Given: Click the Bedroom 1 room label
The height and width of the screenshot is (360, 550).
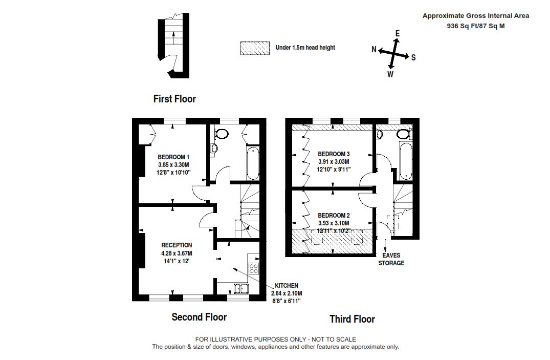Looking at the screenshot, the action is pyautogui.click(x=173, y=157).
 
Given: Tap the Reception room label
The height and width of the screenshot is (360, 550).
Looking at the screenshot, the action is pyautogui.click(x=177, y=245).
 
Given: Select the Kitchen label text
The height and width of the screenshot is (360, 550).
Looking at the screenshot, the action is pyautogui.click(x=287, y=286).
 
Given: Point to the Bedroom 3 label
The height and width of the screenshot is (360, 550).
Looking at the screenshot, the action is pyautogui.click(x=334, y=154).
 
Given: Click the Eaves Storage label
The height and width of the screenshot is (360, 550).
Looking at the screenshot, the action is pyautogui.click(x=391, y=259).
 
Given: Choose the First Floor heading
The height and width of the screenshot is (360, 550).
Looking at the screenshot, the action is pyautogui.click(x=174, y=99).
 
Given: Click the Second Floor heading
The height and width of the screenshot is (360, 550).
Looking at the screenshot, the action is pyautogui.click(x=199, y=317).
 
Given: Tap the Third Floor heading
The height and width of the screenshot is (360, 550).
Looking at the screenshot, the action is pyautogui.click(x=352, y=319).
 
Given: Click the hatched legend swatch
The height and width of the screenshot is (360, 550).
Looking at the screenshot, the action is pyautogui.click(x=255, y=48).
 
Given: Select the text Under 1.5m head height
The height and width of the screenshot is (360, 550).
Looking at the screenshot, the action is pyautogui.click(x=305, y=48).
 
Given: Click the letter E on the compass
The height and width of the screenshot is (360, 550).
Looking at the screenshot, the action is pyautogui.click(x=398, y=33).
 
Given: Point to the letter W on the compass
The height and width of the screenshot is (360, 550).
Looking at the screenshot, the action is pyautogui.click(x=390, y=74).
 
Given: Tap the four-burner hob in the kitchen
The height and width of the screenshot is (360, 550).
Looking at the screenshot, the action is pyautogui.click(x=254, y=269).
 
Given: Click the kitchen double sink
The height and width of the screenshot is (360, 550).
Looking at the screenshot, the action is pyautogui.click(x=241, y=288).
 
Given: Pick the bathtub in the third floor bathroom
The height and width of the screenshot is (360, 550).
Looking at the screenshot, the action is pyautogui.click(x=406, y=161).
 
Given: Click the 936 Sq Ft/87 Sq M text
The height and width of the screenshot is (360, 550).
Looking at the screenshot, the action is pyautogui.click(x=476, y=26).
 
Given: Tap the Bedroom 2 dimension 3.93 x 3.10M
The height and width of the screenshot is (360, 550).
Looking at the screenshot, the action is pyautogui.click(x=334, y=223).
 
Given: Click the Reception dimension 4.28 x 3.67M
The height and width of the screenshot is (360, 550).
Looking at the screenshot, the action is pyautogui.click(x=177, y=253).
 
